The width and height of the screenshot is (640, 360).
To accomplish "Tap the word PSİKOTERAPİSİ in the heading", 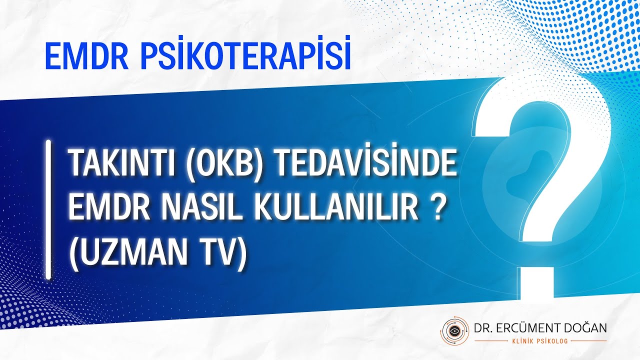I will (x=244, y=56).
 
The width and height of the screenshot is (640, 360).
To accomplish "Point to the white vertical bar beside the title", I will (x=48, y=209).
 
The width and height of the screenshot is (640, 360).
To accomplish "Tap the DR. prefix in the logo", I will (x=483, y=328).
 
